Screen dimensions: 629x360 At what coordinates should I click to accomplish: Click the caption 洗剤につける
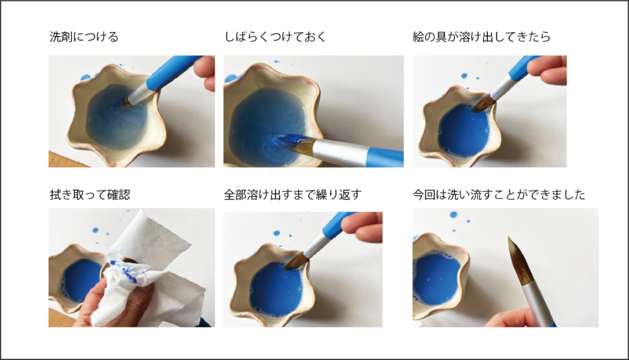tap(84, 37)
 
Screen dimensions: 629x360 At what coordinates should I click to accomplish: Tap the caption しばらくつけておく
tap(275, 37)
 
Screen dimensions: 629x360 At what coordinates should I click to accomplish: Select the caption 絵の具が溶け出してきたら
tap(482, 37)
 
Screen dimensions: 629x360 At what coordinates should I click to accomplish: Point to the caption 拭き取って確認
tap(90, 195)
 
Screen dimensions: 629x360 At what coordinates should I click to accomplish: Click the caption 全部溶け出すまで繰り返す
tap(293, 195)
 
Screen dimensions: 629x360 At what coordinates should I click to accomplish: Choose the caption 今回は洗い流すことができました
tap(499, 195)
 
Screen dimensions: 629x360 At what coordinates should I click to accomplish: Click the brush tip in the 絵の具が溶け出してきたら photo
tap(482, 104)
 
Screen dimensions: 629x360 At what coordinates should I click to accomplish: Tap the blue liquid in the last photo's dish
tap(437, 278)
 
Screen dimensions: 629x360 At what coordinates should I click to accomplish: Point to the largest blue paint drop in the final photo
tap(453, 215)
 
